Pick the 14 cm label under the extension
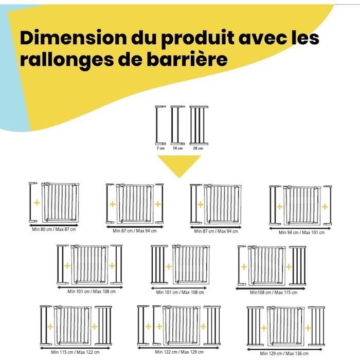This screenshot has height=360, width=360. (177, 148)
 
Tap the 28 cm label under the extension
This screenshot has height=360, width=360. (197, 148)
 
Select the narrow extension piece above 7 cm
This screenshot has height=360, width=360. (159, 125)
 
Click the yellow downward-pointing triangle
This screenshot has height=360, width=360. (179, 164)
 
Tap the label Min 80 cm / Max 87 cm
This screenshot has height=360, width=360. (53, 229)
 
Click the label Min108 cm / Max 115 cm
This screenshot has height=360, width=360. (274, 292)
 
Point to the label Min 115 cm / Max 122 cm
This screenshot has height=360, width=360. (75, 352)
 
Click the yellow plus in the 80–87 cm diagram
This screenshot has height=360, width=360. (37, 203)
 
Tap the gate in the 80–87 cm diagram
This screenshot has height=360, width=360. (60, 202)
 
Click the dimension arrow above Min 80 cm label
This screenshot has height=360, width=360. (53, 224)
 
